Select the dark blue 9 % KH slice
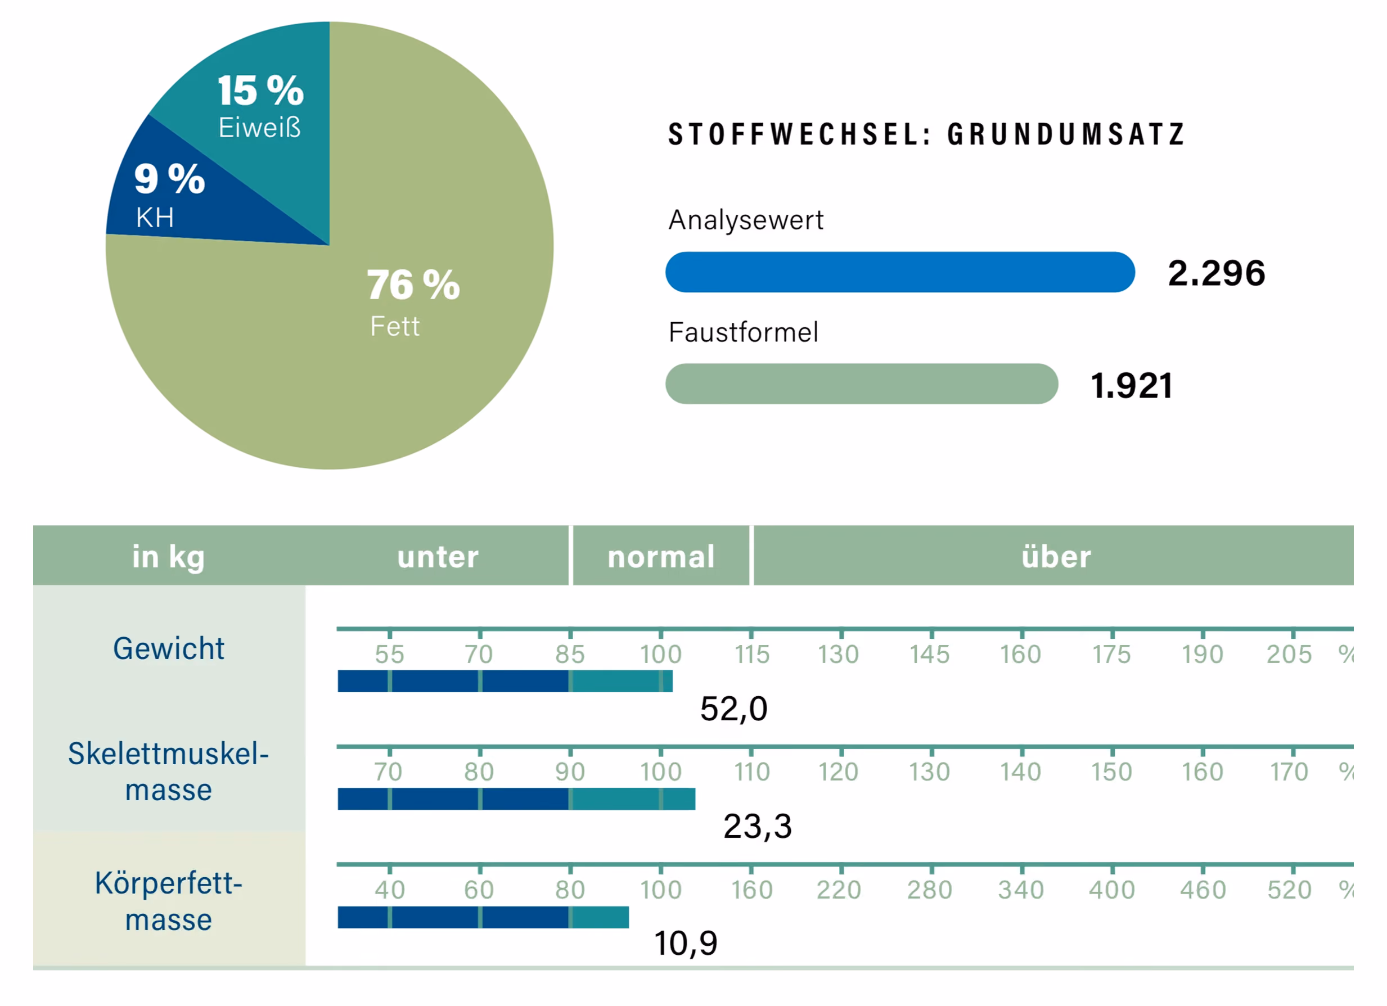[183, 196]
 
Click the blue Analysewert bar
[900, 272]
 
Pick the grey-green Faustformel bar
[862, 384]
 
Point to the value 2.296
[1217, 273]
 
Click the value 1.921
[1132, 386]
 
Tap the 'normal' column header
[661, 556]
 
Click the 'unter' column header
[438, 556]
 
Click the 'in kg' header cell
[169, 556]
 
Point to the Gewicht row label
[169, 648]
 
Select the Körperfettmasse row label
[169, 901]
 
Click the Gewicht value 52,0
[734, 709]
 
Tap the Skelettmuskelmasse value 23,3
[758, 826]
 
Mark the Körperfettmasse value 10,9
[686, 943]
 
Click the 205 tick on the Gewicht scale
[1289, 655]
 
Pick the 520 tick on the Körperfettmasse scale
[1290, 890]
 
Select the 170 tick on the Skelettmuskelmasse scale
[1289, 772]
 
